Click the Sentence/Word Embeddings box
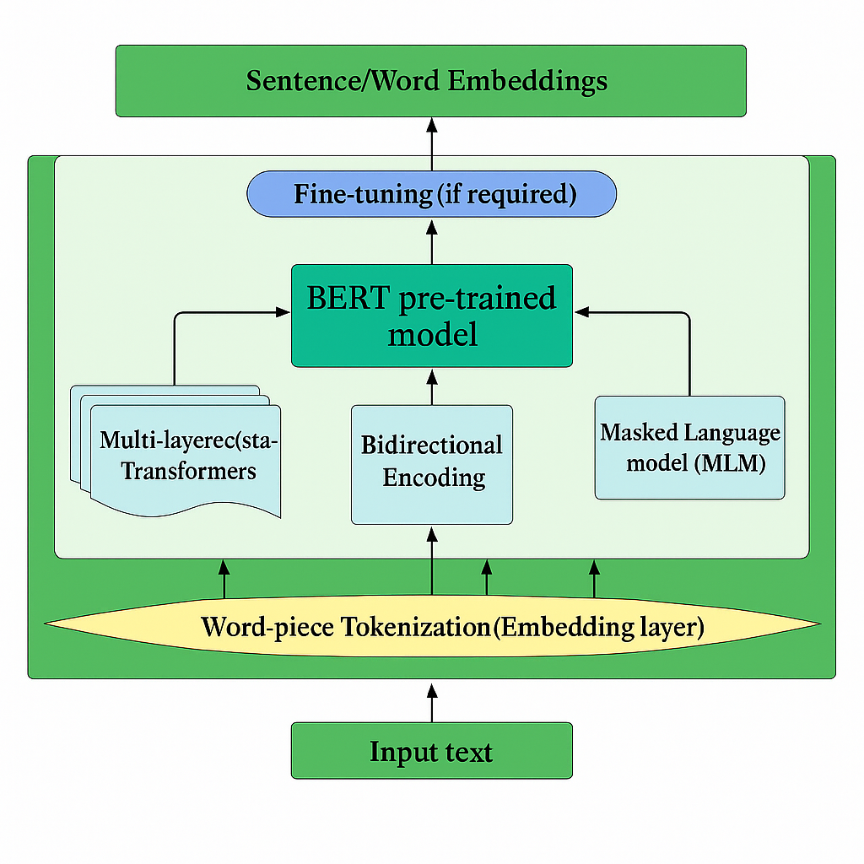(x=430, y=80)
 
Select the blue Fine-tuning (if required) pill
(x=430, y=194)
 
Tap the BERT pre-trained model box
(x=431, y=316)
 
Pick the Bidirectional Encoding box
(x=431, y=464)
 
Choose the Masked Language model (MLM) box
(x=689, y=447)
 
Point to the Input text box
(x=431, y=750)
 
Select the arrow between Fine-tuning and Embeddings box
(x=431, y=143)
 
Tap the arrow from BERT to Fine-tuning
(x=431, y=241)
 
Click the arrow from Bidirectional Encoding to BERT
(x=431, y=386)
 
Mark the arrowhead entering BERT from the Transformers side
(x=283, y=312)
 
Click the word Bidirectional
(x=431, y=445)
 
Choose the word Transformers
(x=188, y=470)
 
